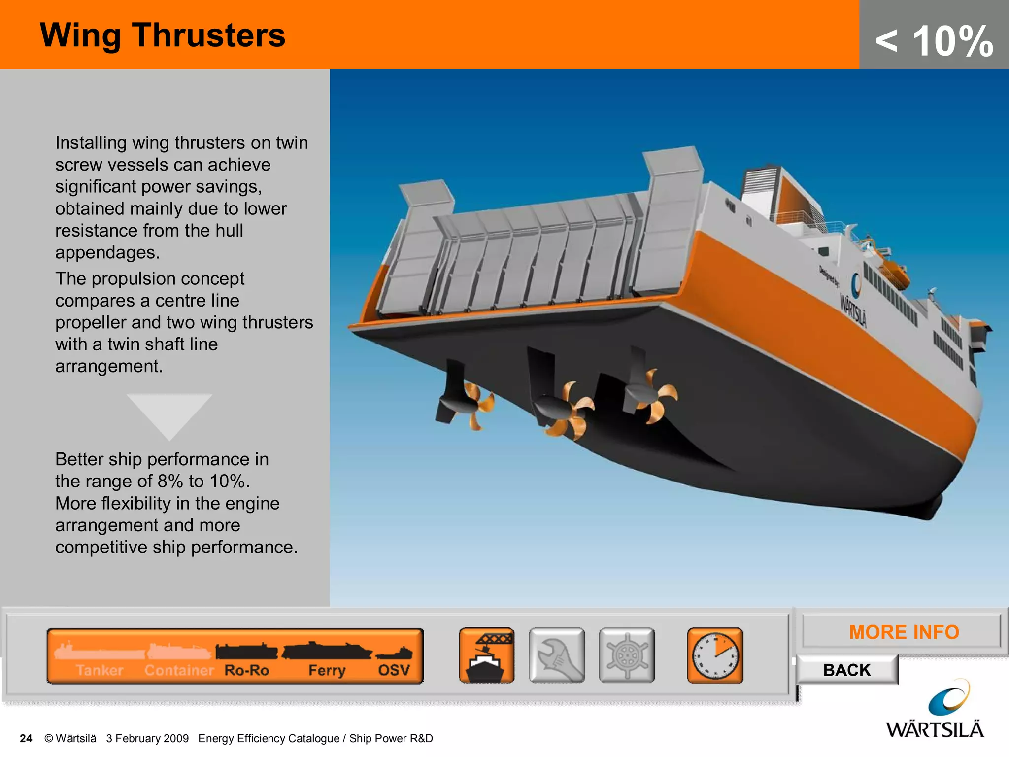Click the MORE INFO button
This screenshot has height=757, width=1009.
coord(904,632)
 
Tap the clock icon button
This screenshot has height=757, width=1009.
coord(715,655)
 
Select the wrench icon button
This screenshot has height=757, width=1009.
coord(557,655)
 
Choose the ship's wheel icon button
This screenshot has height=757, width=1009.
coord(627,655)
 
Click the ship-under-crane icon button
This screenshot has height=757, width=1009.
coord(487,655)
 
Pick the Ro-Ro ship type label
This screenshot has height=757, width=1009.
coord(246,670)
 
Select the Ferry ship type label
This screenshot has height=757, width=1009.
coord(327,670)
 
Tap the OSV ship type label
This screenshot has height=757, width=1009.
coord(394,670)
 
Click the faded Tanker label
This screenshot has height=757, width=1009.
coord(100,670)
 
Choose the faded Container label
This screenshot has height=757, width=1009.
coord(179,670)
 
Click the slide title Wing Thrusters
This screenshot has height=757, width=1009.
coord(163,35)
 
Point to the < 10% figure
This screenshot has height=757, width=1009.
coord(934,41)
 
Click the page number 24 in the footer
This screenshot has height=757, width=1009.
coord(26,738)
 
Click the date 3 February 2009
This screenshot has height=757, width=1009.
coord(147,738)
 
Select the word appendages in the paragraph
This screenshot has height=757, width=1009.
coord(107,252)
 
